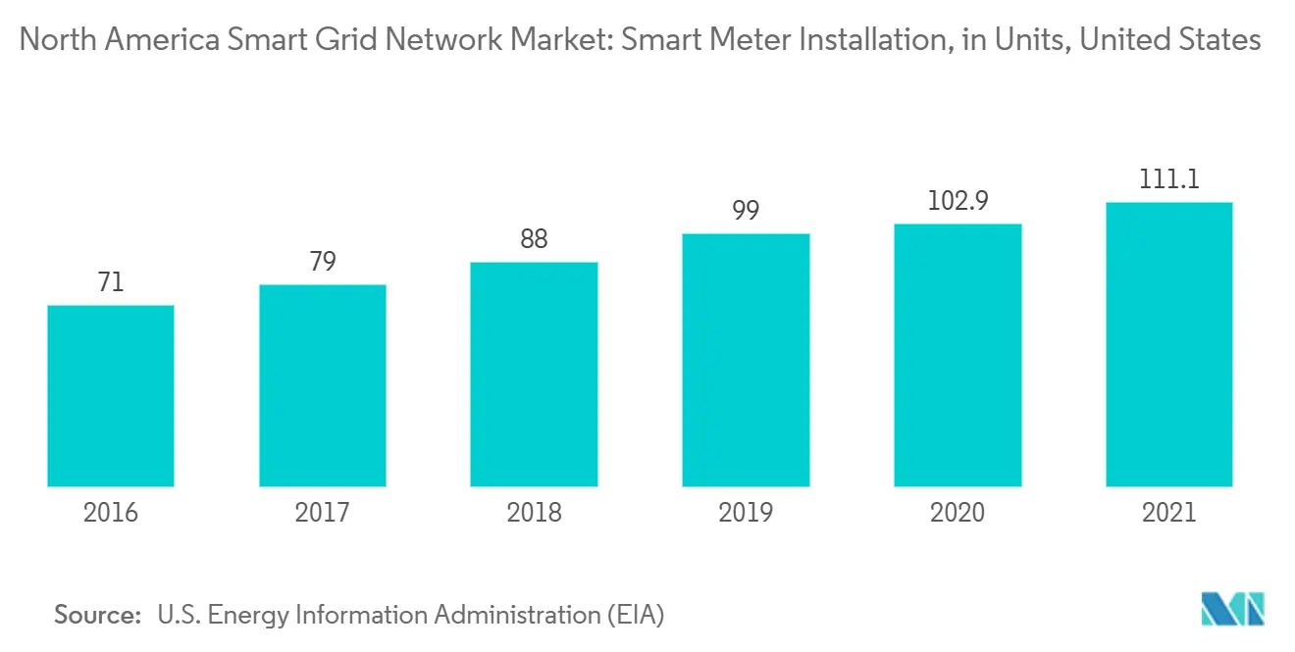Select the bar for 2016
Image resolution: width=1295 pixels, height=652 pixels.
111,395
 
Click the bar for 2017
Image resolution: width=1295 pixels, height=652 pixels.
323,385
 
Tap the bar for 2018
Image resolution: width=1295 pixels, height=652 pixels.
534,374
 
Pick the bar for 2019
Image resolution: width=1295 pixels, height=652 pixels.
746,360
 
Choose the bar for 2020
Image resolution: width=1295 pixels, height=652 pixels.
958,355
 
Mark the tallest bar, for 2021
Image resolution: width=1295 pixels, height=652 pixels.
1169,344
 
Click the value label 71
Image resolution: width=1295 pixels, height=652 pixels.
111,283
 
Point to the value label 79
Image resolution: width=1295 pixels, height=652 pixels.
323,263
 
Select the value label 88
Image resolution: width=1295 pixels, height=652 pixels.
534,240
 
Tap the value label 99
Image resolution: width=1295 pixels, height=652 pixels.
746,212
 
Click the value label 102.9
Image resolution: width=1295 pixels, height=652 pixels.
958,202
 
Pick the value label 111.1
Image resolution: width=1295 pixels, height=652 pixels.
1169,180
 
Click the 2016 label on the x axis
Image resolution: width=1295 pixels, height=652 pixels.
111,513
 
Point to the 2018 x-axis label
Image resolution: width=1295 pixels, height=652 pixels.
534,513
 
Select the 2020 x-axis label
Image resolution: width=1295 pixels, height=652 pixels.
958,513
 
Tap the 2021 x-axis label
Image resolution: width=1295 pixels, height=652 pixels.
1169,513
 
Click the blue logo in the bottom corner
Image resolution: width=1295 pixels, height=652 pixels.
1233,610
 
